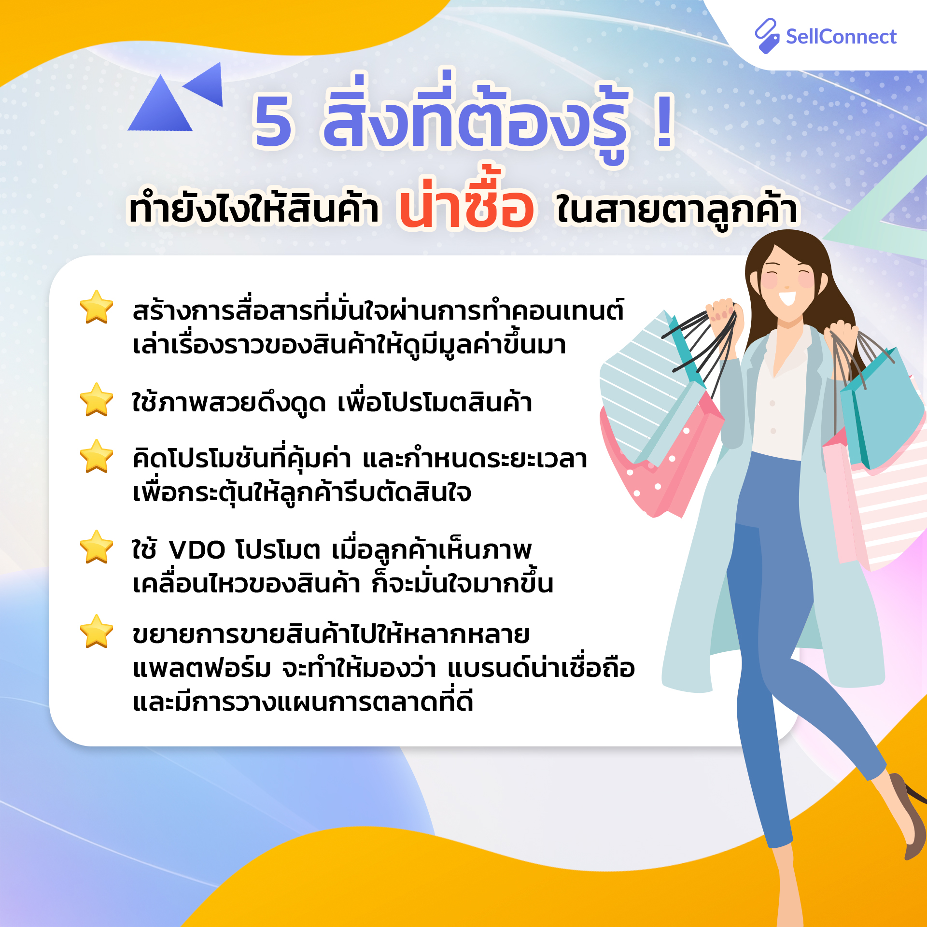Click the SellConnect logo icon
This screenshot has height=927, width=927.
[767, 36]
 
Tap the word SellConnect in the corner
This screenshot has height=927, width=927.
[841, 37]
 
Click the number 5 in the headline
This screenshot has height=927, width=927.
[273, 121]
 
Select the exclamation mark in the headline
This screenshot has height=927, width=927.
[664, 121]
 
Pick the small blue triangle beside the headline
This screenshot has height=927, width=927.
[205, 84]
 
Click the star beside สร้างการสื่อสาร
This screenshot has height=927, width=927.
[97, 307]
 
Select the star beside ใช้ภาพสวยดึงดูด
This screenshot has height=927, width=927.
[97, 400]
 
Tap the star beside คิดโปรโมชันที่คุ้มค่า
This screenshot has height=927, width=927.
[97, 456]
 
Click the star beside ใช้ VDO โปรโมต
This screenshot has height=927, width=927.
[97, 547]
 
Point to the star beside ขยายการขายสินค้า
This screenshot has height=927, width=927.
[97, 632]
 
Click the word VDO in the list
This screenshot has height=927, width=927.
[197, 550]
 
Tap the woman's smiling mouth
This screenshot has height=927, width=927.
[787, 297]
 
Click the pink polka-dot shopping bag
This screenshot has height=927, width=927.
[661, 459]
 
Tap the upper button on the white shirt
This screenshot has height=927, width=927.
[772, 403]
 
